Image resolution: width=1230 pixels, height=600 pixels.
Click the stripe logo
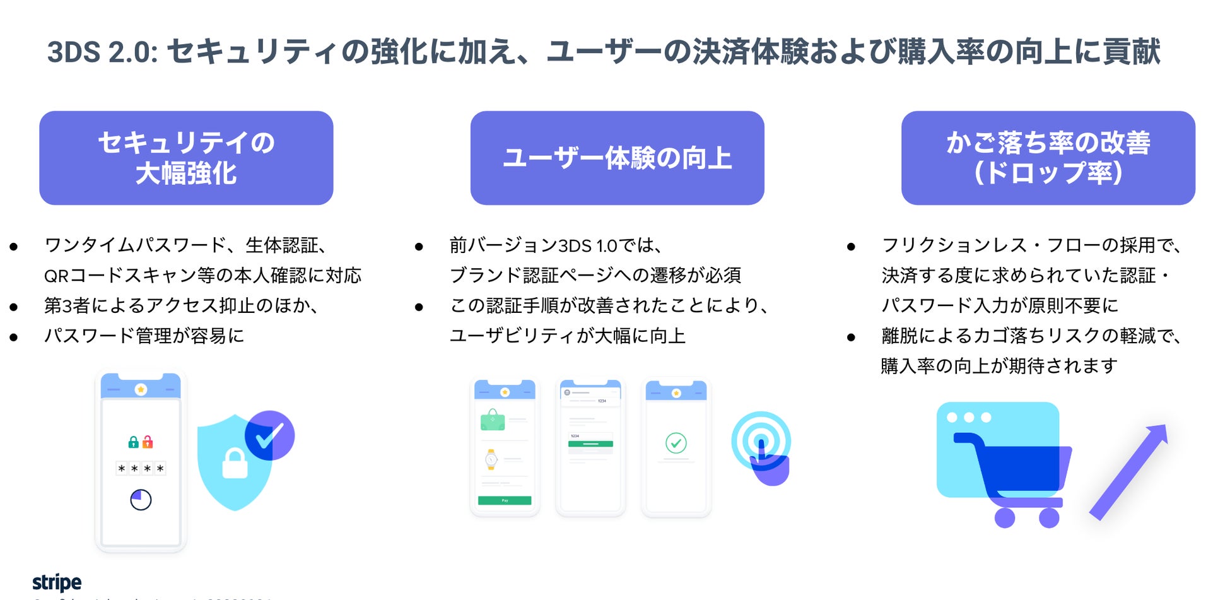coord(57,582)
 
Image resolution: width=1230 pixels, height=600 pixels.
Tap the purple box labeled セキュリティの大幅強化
coord(186,158)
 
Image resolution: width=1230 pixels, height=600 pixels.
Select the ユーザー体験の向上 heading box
coord(617,158)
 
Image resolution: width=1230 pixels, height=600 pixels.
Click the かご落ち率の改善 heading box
coord(1048,158)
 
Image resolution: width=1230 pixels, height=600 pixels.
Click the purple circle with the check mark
coord(269,435)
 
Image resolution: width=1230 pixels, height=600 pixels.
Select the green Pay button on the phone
coord(505,500)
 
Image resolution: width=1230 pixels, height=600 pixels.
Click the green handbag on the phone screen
coord(493,420)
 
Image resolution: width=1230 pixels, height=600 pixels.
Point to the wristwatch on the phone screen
coord(491,459)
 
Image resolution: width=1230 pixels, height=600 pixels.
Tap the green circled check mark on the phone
coord(676,443)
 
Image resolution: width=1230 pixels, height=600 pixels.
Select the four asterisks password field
coord(141,469)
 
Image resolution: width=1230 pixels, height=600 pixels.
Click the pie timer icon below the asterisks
coord(141,500)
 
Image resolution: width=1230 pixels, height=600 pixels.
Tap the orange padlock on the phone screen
coord(148,442)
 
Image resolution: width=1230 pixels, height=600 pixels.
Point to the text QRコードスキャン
coord(120,276)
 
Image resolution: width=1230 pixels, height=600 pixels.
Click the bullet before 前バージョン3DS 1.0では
coord(419,247)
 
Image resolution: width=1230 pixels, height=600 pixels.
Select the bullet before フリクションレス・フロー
coord(851,247)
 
